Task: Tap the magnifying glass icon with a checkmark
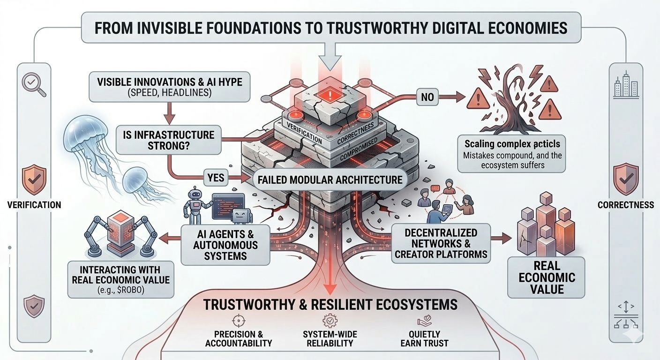[33, 85]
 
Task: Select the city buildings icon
[626, 86]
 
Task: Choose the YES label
[217, 178]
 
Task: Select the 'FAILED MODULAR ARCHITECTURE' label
[330, 180]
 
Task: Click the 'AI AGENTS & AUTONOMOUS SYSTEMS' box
[226, 244]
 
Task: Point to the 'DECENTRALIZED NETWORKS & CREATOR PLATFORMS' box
[441, 243]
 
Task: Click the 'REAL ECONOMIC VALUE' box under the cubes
[546, 277]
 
